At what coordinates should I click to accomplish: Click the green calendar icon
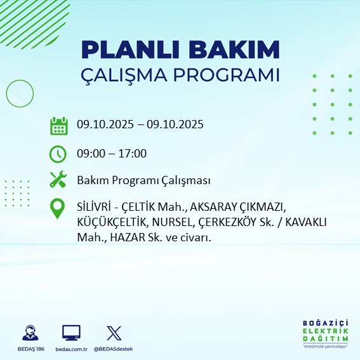point(58,125)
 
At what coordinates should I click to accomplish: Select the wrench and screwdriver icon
point(58,180)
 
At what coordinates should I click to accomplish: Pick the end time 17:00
point(133,153)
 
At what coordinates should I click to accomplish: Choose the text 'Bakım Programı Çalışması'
point(143,181)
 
